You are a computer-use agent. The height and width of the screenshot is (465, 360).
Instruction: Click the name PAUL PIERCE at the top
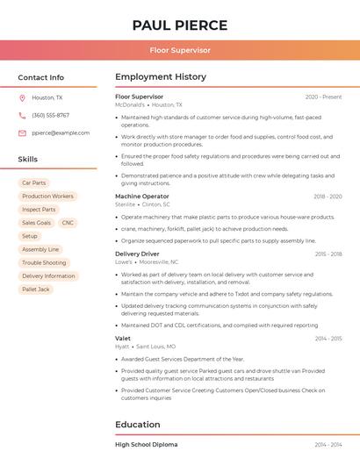(x=180, y=25)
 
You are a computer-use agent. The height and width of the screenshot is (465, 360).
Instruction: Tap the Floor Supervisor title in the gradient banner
(x=180, y=51)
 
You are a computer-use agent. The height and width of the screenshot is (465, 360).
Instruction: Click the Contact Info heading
(x=41, y=77)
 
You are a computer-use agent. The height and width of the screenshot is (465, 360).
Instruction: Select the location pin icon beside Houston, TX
(x=22, y=98)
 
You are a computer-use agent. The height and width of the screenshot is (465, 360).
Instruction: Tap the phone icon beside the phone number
(x=22, y=116)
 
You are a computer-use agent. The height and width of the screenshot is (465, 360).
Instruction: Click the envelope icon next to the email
(x=22, y=133)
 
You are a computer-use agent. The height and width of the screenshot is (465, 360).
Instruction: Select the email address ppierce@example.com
(x=61, y=133)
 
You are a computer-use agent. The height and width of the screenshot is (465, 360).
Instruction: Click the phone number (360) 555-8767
(x=50, y=116)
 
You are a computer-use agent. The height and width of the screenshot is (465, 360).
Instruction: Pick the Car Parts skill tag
(x=34, y=183)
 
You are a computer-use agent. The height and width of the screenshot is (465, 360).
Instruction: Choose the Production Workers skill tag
(x=47, y=197)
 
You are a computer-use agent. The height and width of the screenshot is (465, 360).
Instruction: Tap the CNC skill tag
(x=68, y=223)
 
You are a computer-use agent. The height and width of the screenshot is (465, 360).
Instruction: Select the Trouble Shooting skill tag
(x=44, y=262)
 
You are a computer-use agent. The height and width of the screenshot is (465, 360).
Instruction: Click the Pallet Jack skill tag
(x=36, y=289)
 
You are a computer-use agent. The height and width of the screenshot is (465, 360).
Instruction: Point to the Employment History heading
(x=161, y=77)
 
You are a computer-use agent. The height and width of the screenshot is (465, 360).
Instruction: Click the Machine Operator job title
(x=142, y=197)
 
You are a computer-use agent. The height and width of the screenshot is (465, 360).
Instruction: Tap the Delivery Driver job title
(x=137, y=254)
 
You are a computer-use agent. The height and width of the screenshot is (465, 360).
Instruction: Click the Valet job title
(x=123, y=338)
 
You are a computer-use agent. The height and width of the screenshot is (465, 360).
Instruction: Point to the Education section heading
(x=138, y=425)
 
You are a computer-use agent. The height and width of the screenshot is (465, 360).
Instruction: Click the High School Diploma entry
(x=147, y=445)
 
